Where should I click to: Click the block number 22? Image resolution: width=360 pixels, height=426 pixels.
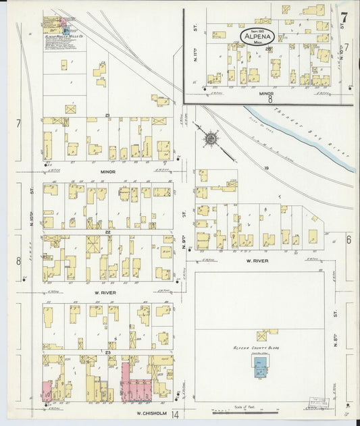[x=107, y=232]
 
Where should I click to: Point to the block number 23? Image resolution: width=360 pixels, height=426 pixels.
[x=107, y=352]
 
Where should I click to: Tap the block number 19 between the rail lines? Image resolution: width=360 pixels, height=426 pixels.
[x=267, y=167]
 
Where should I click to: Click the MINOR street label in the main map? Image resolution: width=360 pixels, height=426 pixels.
[x=107, y=172]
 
